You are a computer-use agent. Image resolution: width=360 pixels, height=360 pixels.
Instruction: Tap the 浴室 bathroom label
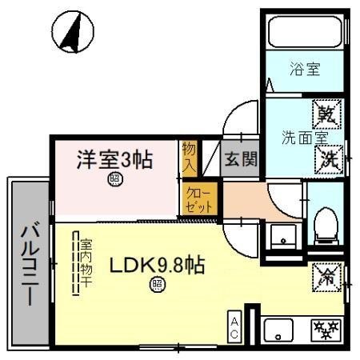[304, 70]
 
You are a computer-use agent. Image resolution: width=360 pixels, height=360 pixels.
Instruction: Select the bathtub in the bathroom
[304, 33]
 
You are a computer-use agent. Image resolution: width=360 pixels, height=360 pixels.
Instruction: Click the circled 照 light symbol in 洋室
[115, 180]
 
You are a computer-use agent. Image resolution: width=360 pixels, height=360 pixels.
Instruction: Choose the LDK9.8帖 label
[156, 265]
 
